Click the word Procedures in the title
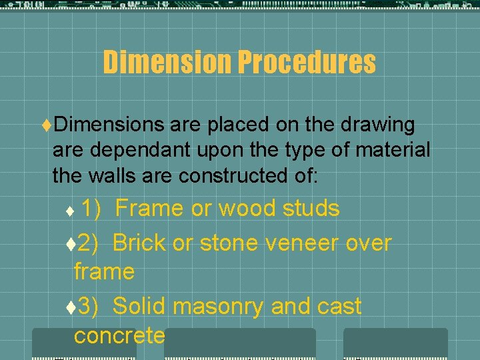pyautogui.click(x=306, y=63)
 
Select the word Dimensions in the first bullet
pyautogui.click(x=109, y=125)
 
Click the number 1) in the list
pyautogui.click(x=91, y=209)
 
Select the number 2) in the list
pyautogui.click(x=89, y=243)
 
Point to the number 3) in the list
pyautogui.click(x=89, y=306)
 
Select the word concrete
pyautogui.click(x=119, y=335)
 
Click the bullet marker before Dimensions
pyautogui.click(x=46, y=125)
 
